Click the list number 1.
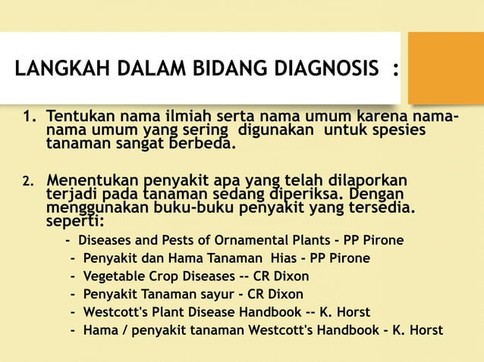click(28, 119)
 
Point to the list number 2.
click(28, 182)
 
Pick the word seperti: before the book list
click(76, 223)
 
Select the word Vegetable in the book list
click(112, 276)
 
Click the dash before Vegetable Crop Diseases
click(73, 276)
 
